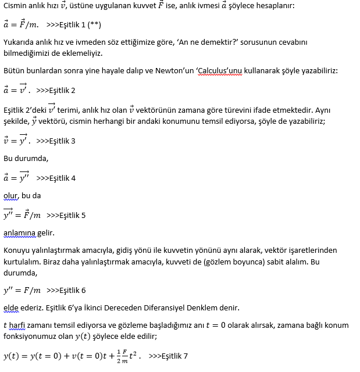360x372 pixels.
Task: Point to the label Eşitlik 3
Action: pyautogui.click(x=62, y=141)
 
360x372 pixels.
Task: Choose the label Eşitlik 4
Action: pyautogui.click(x=62, y=178)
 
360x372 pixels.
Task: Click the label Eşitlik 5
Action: pyautogui.click(x=72, y=215)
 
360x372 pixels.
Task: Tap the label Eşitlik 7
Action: pyautogui.click(x=174, y=356)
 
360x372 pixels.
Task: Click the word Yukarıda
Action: pyautogui.click(x=20, y=42)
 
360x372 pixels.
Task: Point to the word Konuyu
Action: pyautogui.click(x=18, y=250)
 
